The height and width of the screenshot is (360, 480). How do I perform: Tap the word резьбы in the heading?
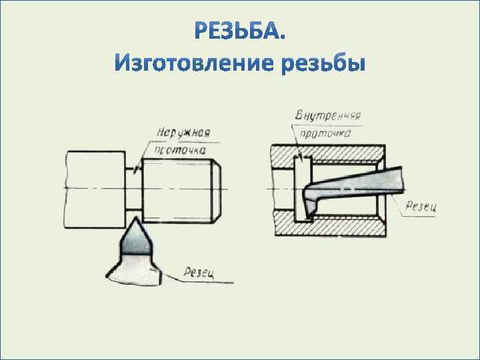pyautogui.click(x=323, y=65)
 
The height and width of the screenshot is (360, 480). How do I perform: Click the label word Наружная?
pyautogui.click(x=183, y=132)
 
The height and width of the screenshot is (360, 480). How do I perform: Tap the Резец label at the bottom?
pyautogui.click(x=199, y=271)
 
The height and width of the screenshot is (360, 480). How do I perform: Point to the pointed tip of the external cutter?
pyautogui.click(x=135, y=219)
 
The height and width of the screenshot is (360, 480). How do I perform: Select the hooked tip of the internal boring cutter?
pyautogui.click(x=307, y=212)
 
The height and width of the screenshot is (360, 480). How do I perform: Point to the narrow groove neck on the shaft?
pyautogui.click(x=135, y=189)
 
